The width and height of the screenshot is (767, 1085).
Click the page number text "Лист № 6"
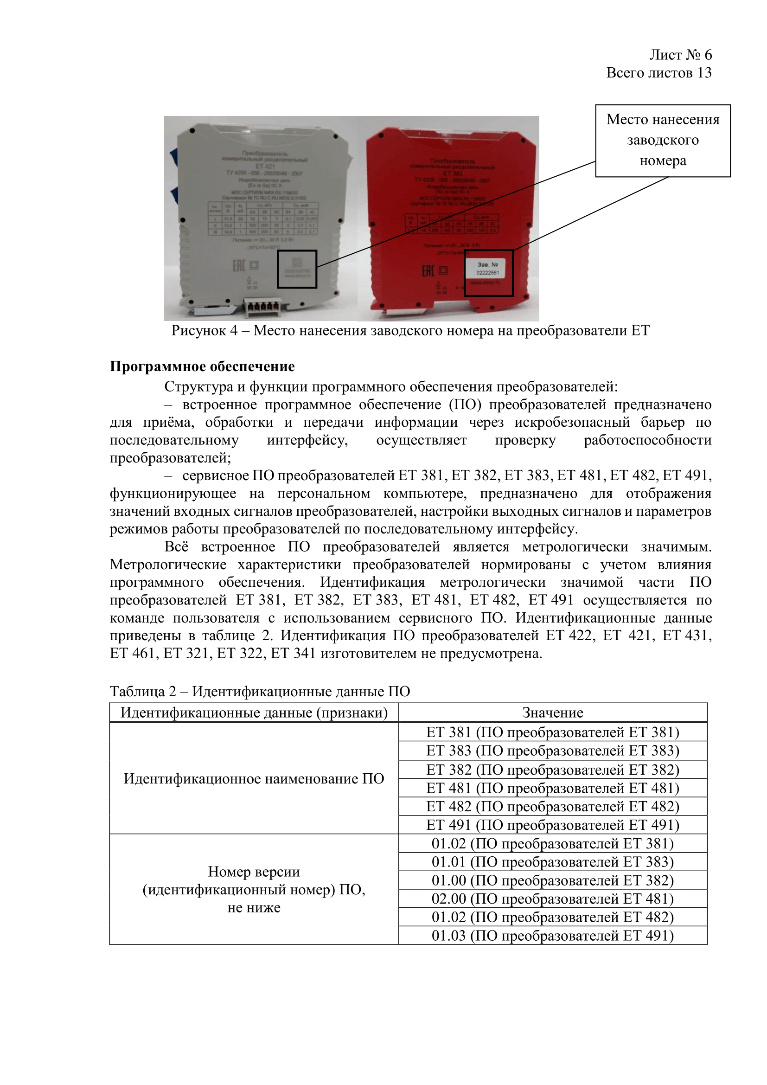[680, 55]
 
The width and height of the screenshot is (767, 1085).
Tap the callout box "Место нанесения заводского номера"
[663, 141]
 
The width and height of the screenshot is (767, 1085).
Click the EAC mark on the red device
[428, 271]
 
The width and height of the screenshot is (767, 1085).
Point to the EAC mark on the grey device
[239, 266]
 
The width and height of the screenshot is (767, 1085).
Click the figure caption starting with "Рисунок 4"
[410, 330]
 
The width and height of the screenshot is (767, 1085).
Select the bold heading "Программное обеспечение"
[202, 366]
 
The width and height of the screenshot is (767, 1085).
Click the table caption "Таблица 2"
[260, 691]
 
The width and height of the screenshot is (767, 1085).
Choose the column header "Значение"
[553, 713]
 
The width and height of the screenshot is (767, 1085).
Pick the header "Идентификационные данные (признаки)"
[254, 713]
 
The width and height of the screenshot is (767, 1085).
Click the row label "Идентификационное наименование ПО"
[254, 779]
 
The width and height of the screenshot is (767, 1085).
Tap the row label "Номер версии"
[254, 890]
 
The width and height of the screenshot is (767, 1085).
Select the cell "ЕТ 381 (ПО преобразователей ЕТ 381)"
[553, 732]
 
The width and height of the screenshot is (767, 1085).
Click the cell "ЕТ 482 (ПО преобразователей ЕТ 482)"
[553, 807]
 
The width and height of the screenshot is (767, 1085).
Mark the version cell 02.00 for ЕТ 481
[553, 899]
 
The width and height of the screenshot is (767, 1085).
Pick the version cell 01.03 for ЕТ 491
[553, 936]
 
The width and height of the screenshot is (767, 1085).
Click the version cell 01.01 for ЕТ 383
[553, 862]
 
